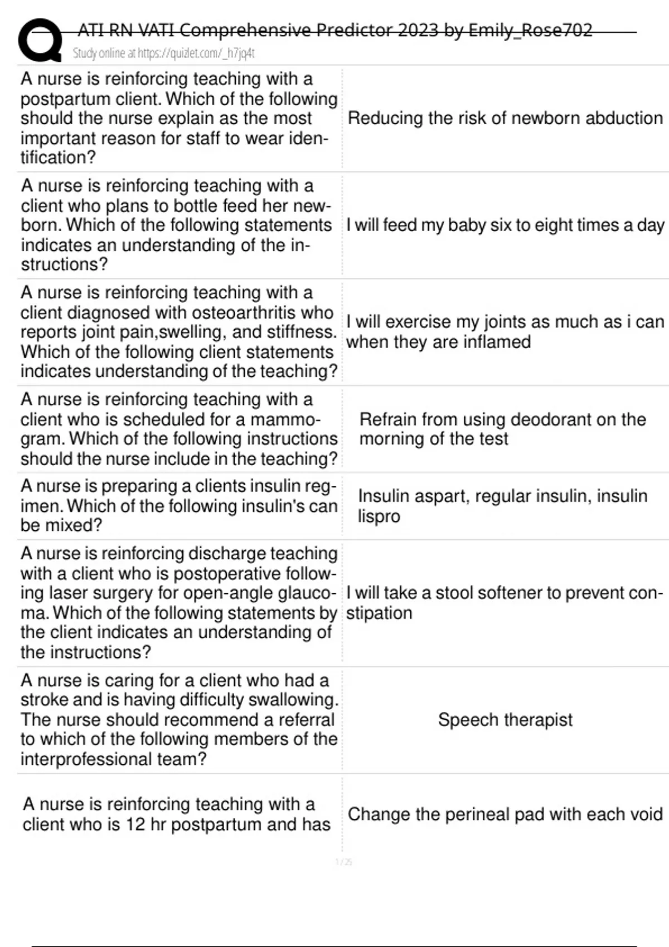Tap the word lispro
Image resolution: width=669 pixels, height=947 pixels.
[x=379, y=516]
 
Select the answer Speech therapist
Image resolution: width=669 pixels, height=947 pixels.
[x=505, y=720]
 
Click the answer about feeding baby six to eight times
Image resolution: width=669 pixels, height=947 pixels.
[x=505, y=225]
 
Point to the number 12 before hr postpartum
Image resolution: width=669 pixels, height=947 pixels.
[x=135, y=824]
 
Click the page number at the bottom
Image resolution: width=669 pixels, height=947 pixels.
[x=343, y=862]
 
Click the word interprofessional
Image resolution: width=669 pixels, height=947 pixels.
[x=92, y=759]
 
